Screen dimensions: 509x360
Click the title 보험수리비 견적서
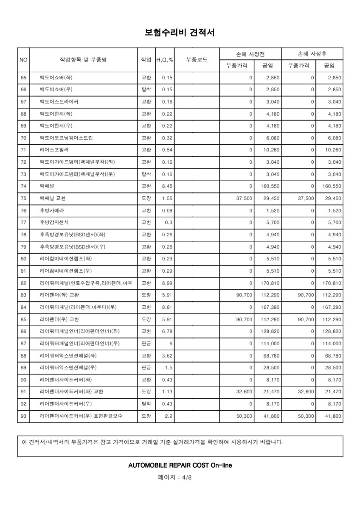click(180, 32)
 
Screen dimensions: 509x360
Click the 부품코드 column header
click(197, 60)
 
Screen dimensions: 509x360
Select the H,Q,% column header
click(165, 60)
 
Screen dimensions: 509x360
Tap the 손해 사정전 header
click(250, 54)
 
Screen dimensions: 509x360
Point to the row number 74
click(23, 186)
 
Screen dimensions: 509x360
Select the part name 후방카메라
click(52, 210)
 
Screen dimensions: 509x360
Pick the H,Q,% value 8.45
click(167, 186)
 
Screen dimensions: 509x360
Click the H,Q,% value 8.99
click(167, 283)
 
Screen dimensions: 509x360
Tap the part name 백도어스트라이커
click(59, 102)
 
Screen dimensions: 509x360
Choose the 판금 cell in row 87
click(146, 344)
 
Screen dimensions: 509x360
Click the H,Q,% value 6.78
click(167, 331)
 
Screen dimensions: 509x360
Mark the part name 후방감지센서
click(54, 222)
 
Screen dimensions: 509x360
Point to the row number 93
click(23, 416)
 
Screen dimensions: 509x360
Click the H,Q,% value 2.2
click(169, 416)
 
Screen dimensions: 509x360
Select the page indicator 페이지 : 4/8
click(180, 477)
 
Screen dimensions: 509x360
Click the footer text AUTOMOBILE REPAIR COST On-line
click(180, 465)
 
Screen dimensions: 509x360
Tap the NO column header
click(23, 60)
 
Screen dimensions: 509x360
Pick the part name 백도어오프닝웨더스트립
click(66, 138)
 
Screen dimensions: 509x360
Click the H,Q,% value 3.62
click(167, 355)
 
